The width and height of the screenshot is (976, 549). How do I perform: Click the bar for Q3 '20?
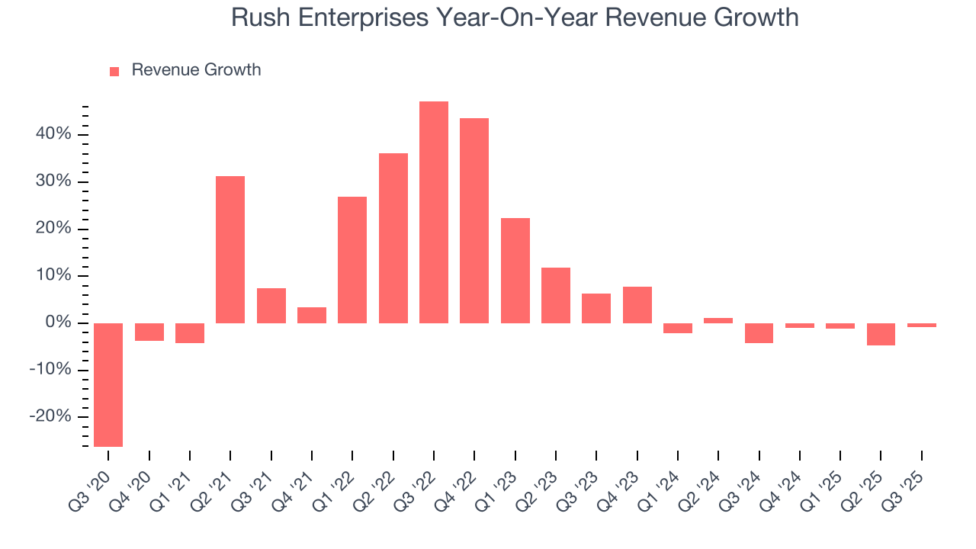coord(108,384)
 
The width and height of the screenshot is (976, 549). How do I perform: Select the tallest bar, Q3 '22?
coord(434,212)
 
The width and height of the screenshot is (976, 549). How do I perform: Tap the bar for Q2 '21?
coord(230,249)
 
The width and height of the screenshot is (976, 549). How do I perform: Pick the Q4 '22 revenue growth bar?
coord(474,220)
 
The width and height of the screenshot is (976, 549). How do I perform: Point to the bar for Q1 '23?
coord(515,271)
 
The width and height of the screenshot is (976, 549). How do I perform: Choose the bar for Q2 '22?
coord(393,238)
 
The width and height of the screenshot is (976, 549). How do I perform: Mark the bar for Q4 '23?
coord(637,305)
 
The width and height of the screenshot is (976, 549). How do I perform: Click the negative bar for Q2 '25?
coord(881,334)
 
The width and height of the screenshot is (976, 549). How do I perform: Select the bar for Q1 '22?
coord(352,260)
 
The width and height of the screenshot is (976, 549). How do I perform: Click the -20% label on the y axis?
coord(50,417)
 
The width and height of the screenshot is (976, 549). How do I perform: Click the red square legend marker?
coord(114,71)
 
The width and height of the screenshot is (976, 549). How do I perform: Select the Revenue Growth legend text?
coord(196,70)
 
